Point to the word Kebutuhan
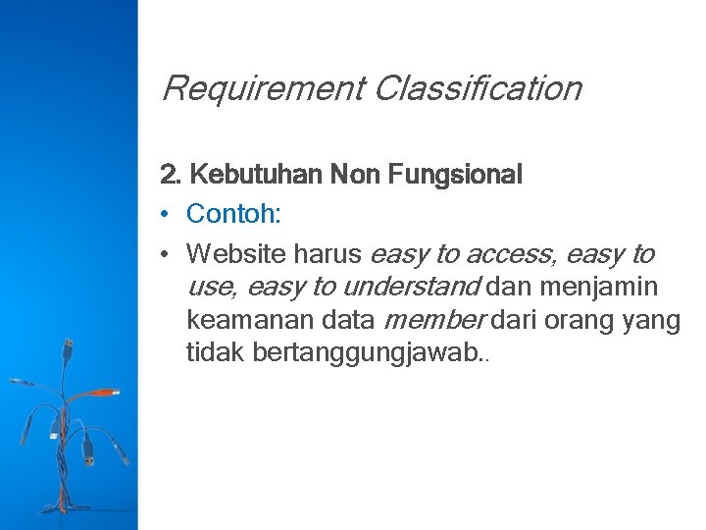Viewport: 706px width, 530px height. [x=256, y=176]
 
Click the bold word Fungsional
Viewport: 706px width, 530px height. [x=455, y=176]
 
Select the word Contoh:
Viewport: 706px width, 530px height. [x=236, y=214]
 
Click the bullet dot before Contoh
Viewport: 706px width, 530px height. [x=167, y=214]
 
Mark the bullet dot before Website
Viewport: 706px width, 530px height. [x=167, y=254]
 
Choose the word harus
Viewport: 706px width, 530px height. [x=328, y=254]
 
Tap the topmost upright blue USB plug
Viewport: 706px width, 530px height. [x=69, y=348]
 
